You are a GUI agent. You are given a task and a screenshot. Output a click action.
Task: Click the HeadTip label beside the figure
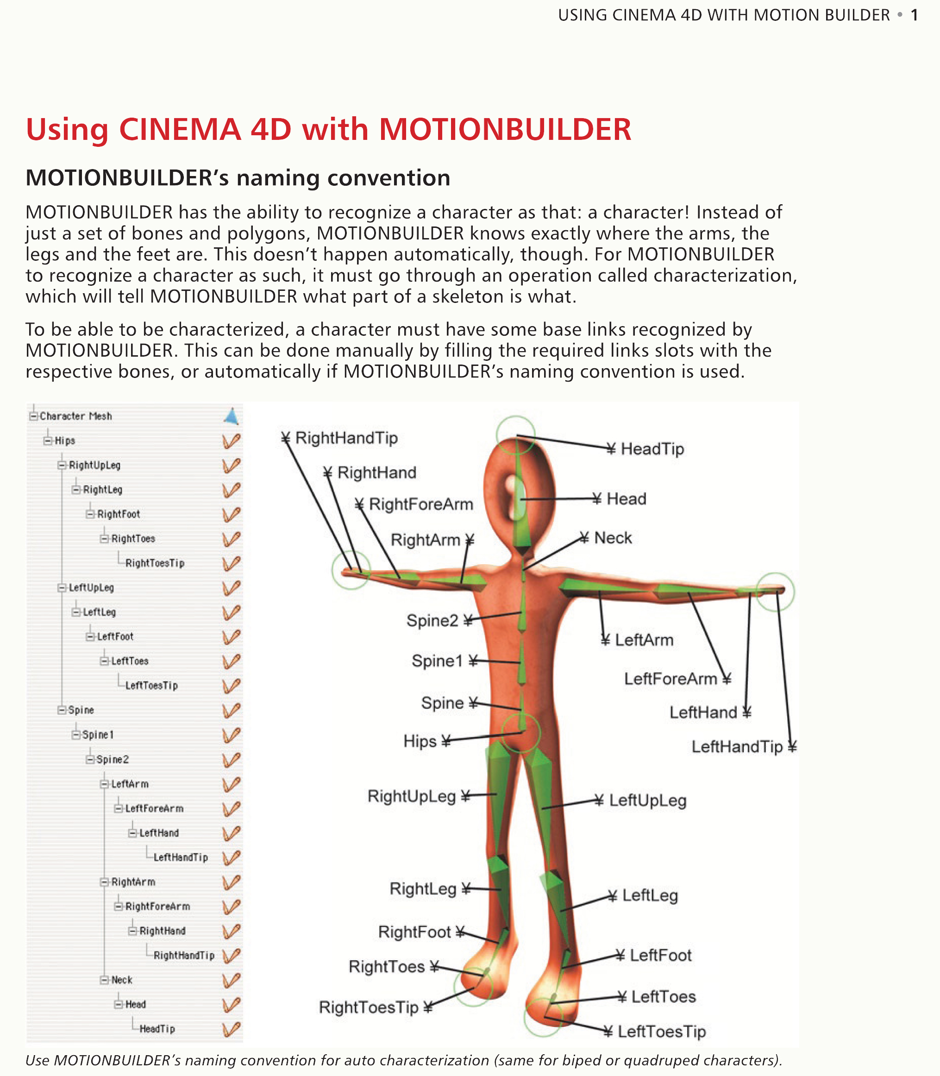tap(652, 449)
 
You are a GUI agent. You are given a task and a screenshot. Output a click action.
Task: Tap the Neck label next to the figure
tap(613, 538)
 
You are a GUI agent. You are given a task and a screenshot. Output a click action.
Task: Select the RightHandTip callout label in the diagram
tap(346, 438)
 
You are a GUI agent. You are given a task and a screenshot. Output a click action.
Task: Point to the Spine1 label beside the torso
tap(437, 661)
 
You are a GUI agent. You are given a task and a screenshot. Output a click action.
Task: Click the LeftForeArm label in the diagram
tap(671, 679)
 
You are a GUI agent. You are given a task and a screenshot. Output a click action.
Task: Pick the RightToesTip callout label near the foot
tap(369, 1007)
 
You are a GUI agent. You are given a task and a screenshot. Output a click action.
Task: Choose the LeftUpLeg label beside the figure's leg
tap(647, 800)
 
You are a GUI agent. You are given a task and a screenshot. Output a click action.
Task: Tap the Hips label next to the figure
tap(420, 741)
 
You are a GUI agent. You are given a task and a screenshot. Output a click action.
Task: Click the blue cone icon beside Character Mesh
tap(232, 416)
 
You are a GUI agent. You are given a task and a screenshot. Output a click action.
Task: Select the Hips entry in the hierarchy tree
tap(65, 440)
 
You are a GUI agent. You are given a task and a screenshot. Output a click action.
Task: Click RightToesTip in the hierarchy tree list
tap(155, 563)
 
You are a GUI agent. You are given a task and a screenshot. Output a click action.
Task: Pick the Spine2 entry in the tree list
tap(112, 759)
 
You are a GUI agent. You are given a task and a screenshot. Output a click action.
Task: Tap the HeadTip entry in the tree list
tap(157, 1029)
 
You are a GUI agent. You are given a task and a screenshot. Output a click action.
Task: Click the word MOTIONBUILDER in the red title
tap(505, 129)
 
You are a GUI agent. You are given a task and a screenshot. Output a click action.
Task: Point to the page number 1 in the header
tap(914, 15)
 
